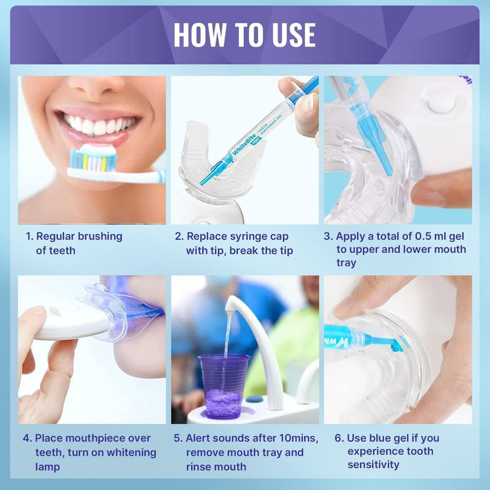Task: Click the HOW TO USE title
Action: tap(244, 35)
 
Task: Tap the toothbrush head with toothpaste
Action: tap(92, 159)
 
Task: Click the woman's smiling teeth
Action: tap(99, 125)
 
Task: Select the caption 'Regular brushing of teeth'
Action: tap(73, 243)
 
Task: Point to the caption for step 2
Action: tap(239, 243)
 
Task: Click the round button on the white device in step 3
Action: tap(441, 100)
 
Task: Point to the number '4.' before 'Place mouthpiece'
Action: tap(28, 438)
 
